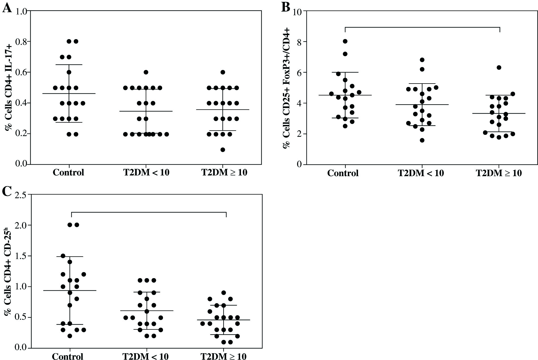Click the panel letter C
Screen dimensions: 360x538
(7, 191)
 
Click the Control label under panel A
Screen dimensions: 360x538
(68, 172)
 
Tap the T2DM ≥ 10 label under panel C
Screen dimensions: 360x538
(223, 356)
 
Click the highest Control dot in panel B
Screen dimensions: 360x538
(345, 41)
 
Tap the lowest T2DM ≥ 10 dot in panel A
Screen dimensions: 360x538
(223, 150)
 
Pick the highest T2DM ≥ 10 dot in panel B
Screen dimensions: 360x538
(499, 67)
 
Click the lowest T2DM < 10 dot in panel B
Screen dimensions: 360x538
(422, 140)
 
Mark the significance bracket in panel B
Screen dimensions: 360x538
(422, 27)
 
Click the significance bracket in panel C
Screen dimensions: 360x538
(149, 212)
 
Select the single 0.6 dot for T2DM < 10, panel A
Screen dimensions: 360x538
(146, 72)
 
